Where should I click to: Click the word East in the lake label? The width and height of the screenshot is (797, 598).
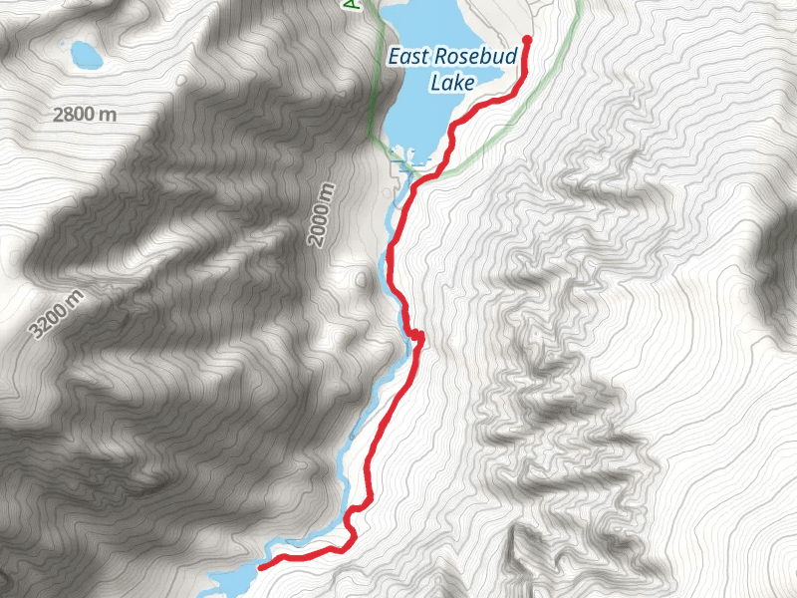[409, 57]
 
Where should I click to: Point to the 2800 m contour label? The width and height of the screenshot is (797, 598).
[85, 114]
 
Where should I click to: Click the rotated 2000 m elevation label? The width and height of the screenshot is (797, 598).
[319, 215]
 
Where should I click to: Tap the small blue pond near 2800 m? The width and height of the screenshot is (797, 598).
[84, 54]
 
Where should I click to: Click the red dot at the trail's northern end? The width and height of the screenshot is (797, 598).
[526, 41]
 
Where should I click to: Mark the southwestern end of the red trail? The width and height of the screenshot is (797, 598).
[262, 566]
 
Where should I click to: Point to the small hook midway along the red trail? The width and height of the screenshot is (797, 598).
[418, 338]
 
